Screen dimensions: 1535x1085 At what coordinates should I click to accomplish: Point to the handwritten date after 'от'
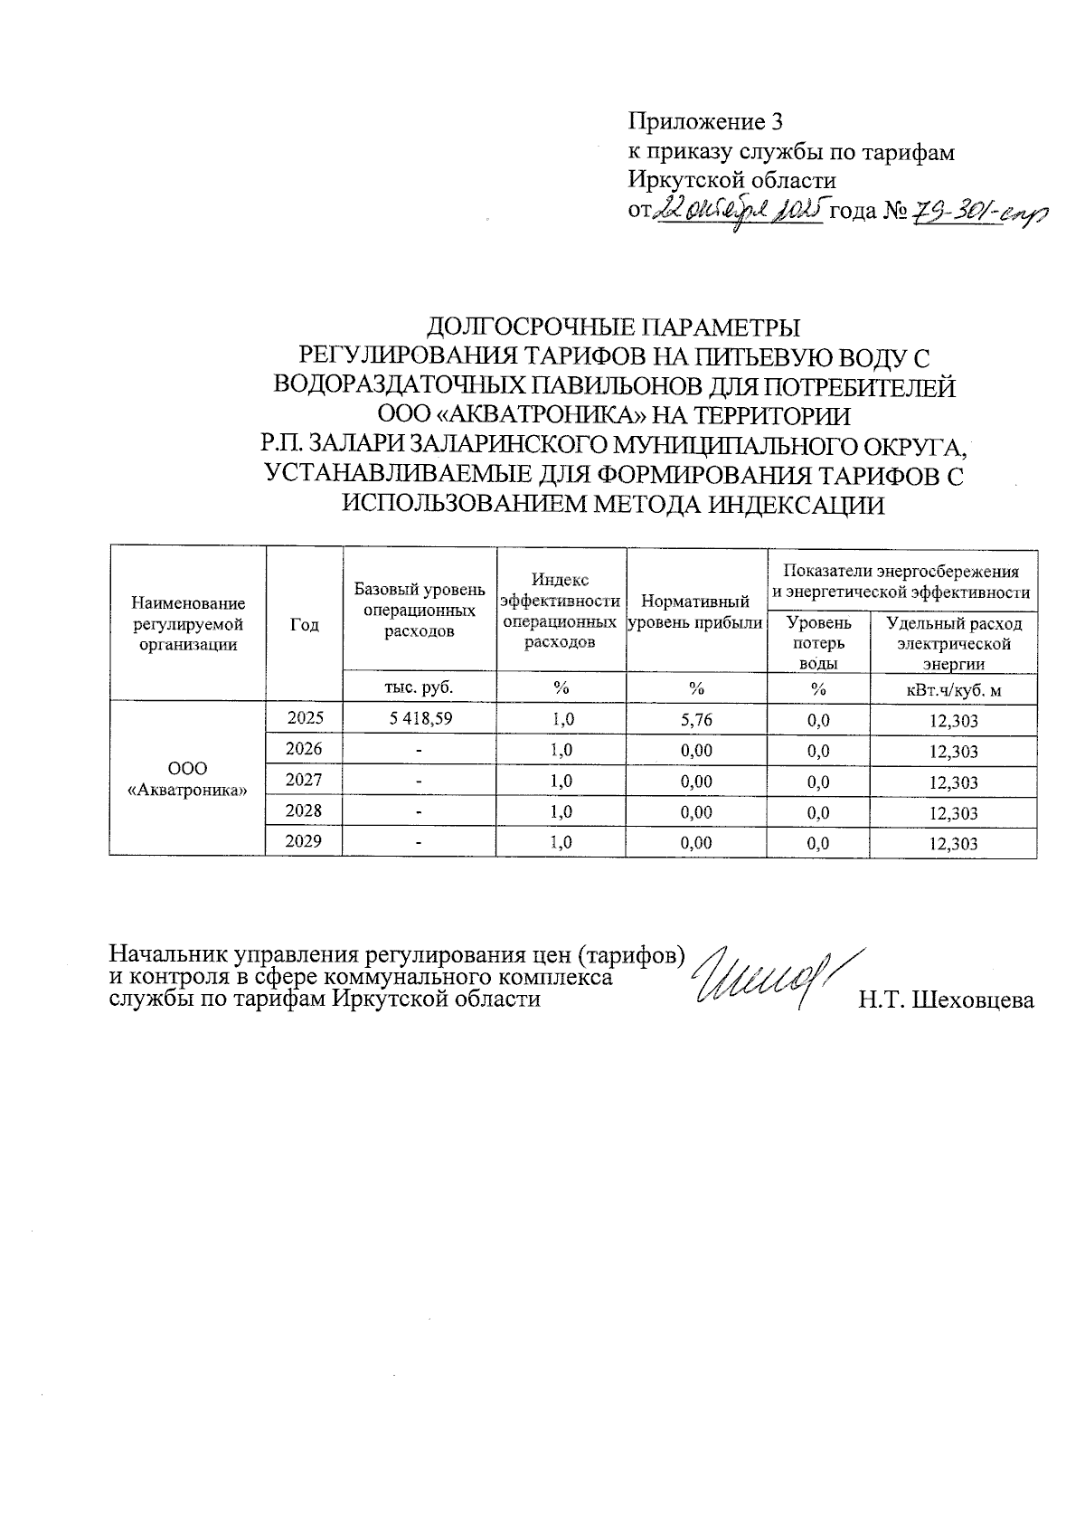coord(739,213)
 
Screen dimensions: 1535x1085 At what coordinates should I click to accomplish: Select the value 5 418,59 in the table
coord(420,718)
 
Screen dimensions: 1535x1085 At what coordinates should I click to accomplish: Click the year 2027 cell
coord(304,780)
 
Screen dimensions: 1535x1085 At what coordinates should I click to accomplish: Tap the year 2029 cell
coord(304,841)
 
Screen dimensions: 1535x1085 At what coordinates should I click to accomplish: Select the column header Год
coord(305,624)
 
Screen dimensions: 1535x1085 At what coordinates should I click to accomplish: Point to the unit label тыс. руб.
coord(420,687)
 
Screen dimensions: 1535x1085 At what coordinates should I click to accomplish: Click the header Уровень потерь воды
coord(818,642)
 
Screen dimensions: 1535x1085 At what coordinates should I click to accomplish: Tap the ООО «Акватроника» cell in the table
coord(188,779)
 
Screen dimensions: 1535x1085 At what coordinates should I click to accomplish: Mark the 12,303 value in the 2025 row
coord(953,721)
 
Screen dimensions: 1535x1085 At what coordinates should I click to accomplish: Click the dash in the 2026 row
coord(420,751)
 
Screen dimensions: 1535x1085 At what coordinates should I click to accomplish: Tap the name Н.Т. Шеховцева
coord(946,1000)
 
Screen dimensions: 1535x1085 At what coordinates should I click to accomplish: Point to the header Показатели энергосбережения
coord(901,572)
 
